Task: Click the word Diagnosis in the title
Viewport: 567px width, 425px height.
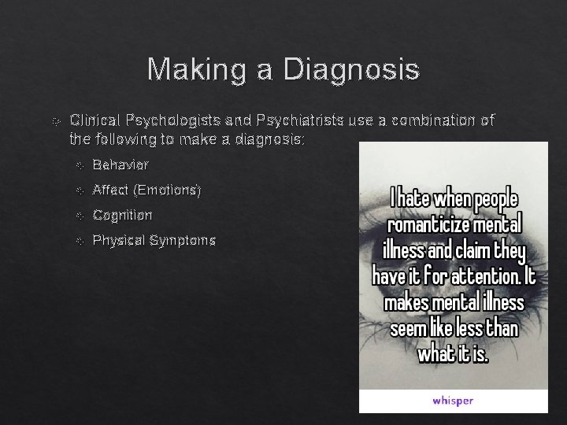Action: pos(351,70)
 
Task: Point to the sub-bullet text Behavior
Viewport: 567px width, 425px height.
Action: pos(120,164)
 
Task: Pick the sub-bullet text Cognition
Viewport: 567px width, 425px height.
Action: pos(122,215)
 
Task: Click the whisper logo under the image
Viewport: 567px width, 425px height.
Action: pos(453,400)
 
